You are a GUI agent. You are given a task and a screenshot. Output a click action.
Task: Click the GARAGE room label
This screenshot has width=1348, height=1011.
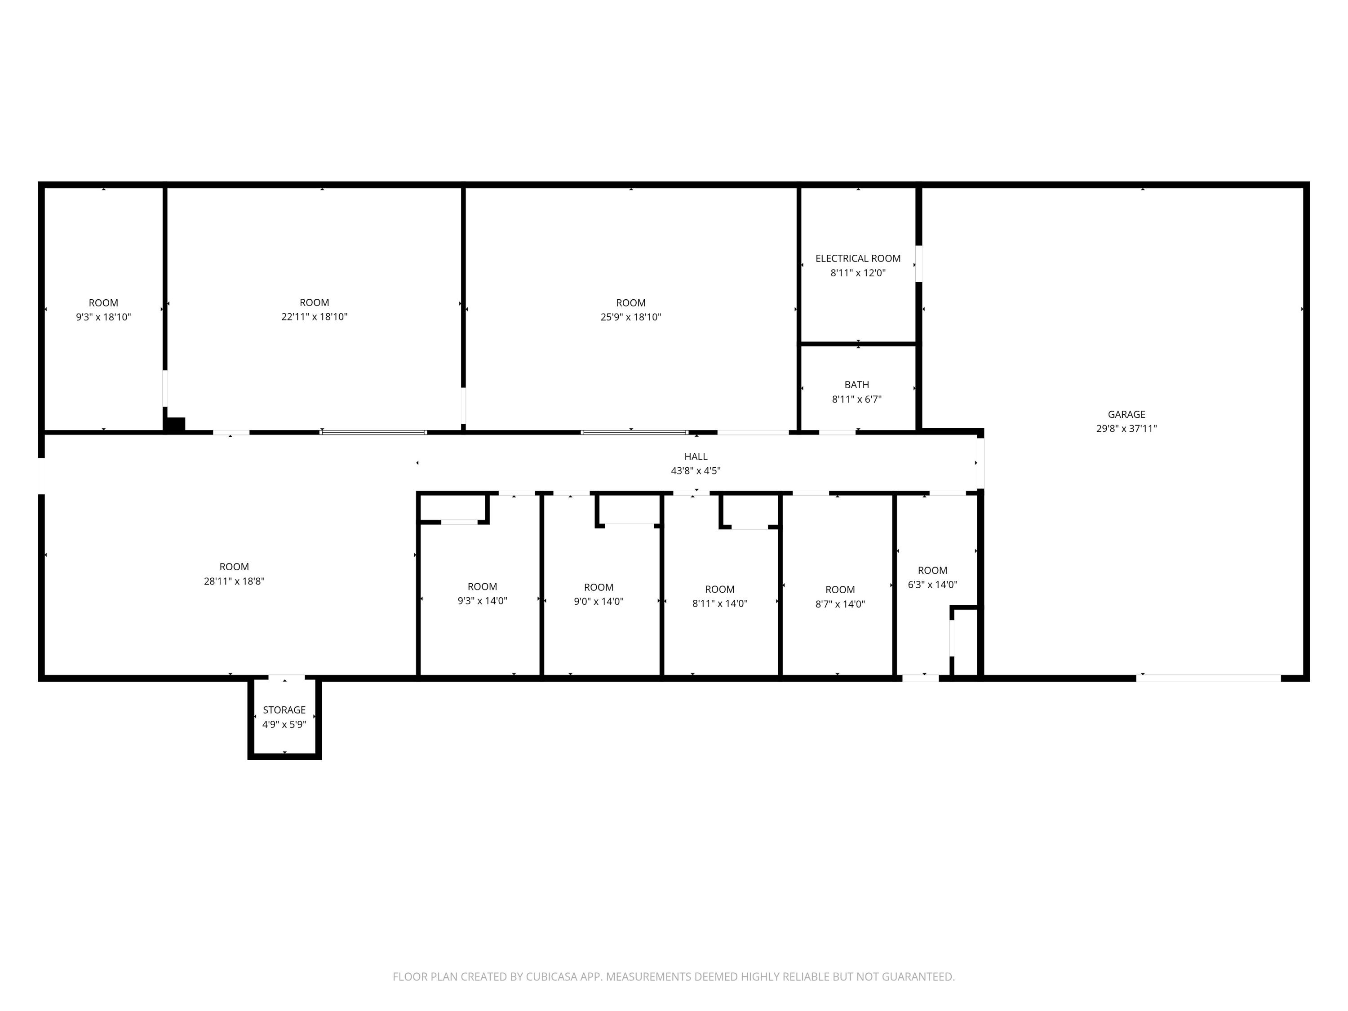[1126, 414]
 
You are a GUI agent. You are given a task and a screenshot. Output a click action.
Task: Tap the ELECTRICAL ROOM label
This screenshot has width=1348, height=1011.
[858, 258]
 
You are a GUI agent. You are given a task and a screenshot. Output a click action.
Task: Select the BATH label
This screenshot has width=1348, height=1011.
[857, 385]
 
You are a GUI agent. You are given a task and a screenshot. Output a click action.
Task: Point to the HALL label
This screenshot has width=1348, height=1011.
[696, 457]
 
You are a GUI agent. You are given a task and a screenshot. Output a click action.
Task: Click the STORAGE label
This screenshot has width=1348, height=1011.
[284, 710]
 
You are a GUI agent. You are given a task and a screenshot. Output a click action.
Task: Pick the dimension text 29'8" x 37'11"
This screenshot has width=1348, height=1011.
[1126, 428]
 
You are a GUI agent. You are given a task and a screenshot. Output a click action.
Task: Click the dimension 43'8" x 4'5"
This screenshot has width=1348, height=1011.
[696, 470]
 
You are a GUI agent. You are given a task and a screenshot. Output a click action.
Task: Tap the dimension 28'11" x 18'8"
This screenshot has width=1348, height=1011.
[234, 581]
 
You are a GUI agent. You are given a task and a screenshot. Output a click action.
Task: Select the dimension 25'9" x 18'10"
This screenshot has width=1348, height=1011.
[631, 317]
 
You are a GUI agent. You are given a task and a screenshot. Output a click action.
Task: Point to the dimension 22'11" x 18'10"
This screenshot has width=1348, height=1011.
[315, 316]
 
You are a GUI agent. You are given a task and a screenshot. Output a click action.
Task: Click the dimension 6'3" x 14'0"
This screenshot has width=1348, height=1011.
[932, 585]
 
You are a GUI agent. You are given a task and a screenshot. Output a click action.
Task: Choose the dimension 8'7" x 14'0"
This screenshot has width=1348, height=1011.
[840, 604]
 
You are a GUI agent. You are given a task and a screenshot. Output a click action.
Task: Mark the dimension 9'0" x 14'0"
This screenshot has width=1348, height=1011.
[599, 602]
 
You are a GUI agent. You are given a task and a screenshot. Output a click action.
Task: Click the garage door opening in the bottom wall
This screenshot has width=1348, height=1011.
[1208, 678]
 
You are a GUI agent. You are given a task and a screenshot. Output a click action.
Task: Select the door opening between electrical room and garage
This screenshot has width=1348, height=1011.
[919, 263]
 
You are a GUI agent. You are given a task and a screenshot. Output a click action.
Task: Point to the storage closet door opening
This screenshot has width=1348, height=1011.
[286, 678]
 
